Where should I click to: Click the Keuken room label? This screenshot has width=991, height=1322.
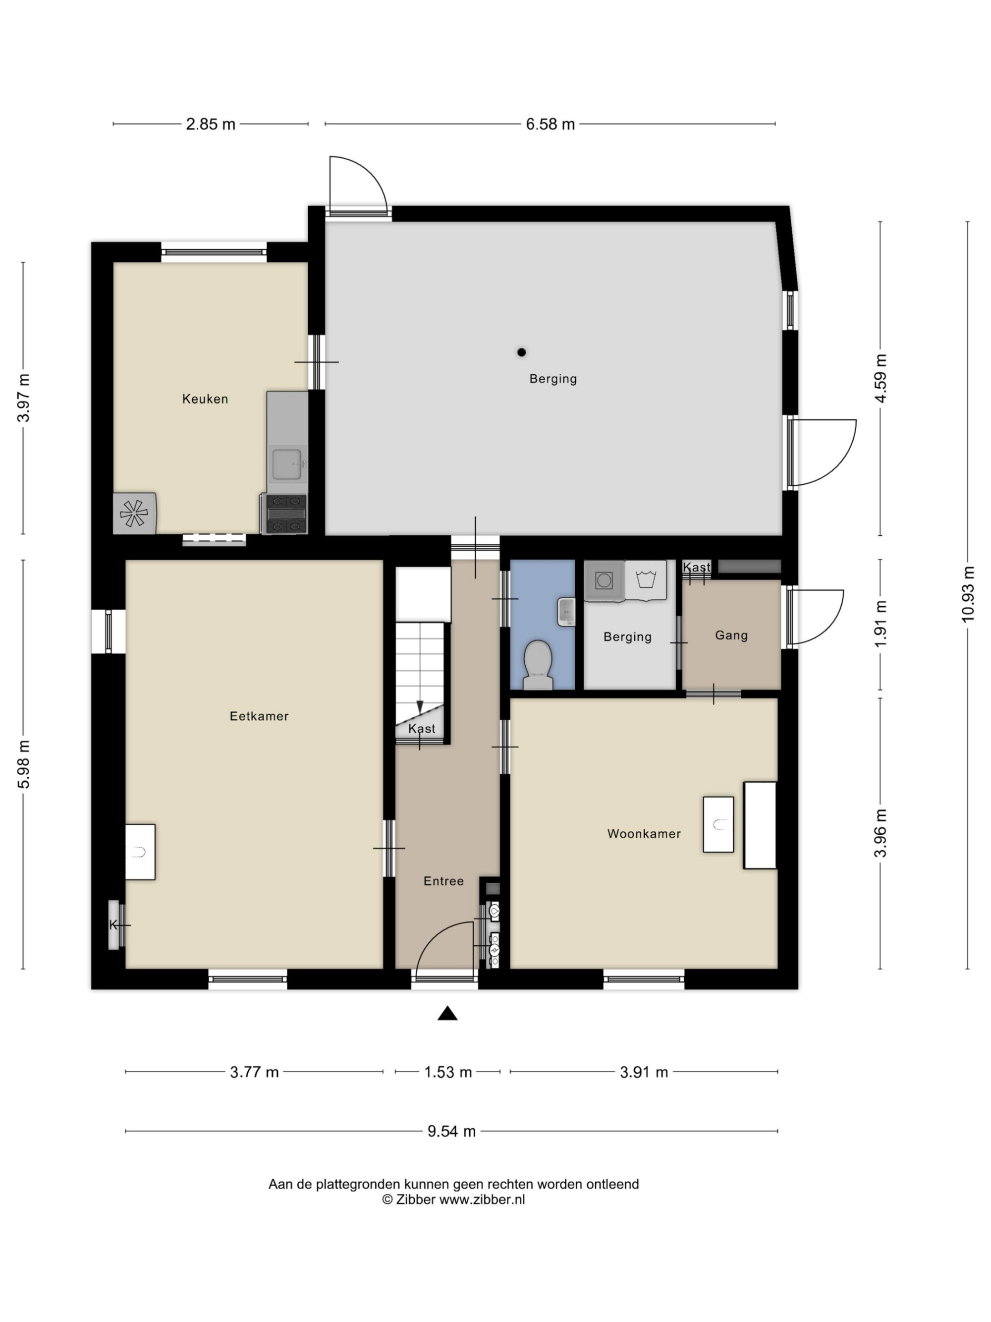(x=205, y=399)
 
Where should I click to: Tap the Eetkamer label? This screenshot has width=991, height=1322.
(x=259, y=716)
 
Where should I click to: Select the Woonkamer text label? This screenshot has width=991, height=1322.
(x=644, y=834)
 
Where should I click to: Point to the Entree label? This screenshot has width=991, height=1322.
(x=443, y=881)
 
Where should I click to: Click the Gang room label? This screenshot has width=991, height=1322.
(x=731, y=635)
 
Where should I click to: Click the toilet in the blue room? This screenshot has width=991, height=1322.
(x=538, y=665)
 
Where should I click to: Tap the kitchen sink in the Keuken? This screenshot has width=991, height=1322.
(x=288, y=464)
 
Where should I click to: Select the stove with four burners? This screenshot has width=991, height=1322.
(x=285, y=514)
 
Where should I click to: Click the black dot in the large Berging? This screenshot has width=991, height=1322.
(x=521, y=352)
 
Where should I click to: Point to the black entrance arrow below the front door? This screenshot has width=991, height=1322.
(x=447, y=1013)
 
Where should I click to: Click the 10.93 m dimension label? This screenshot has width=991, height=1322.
(x=968, y=593)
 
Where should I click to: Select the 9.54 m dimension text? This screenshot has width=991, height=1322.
(x=451, y=1131)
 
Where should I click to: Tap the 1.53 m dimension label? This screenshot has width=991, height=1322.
(x=448, y=1072)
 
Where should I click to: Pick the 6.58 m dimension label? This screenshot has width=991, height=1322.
(x=550, y=124)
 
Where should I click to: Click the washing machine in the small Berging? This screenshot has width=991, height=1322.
(x=604, y=580)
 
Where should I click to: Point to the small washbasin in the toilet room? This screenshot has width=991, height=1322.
(x=566, y=611)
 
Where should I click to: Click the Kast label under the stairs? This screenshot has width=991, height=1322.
(x=422, y=729)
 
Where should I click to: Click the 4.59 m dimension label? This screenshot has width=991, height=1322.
(x=881, y=378)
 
